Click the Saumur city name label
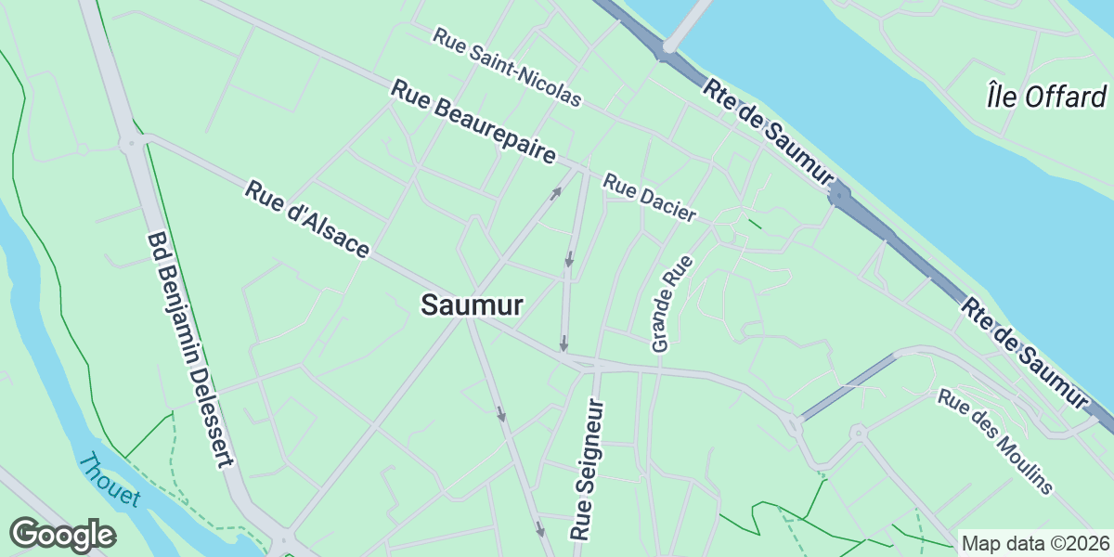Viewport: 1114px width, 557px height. (x=472, y=305)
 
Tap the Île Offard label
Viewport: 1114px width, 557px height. (x=1046, y=96)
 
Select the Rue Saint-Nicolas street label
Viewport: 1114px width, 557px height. (x=507, y=66)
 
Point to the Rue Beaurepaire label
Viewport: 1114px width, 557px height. (x=473, y=123)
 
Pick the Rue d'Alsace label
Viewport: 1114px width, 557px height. (x=307, y=220)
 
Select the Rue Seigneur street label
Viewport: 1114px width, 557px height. (x=589, y=471)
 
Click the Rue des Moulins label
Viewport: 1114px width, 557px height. (x=995, y=441)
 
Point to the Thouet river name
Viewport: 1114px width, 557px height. (x=110, y=480)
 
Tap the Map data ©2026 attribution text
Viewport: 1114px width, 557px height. (x=1034, y=543)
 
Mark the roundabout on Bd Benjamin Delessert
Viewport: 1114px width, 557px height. (x=129, y=143)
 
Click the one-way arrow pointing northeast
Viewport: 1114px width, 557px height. (x=555, y=193)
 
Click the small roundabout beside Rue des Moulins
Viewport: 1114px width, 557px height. (x=859, y=432)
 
